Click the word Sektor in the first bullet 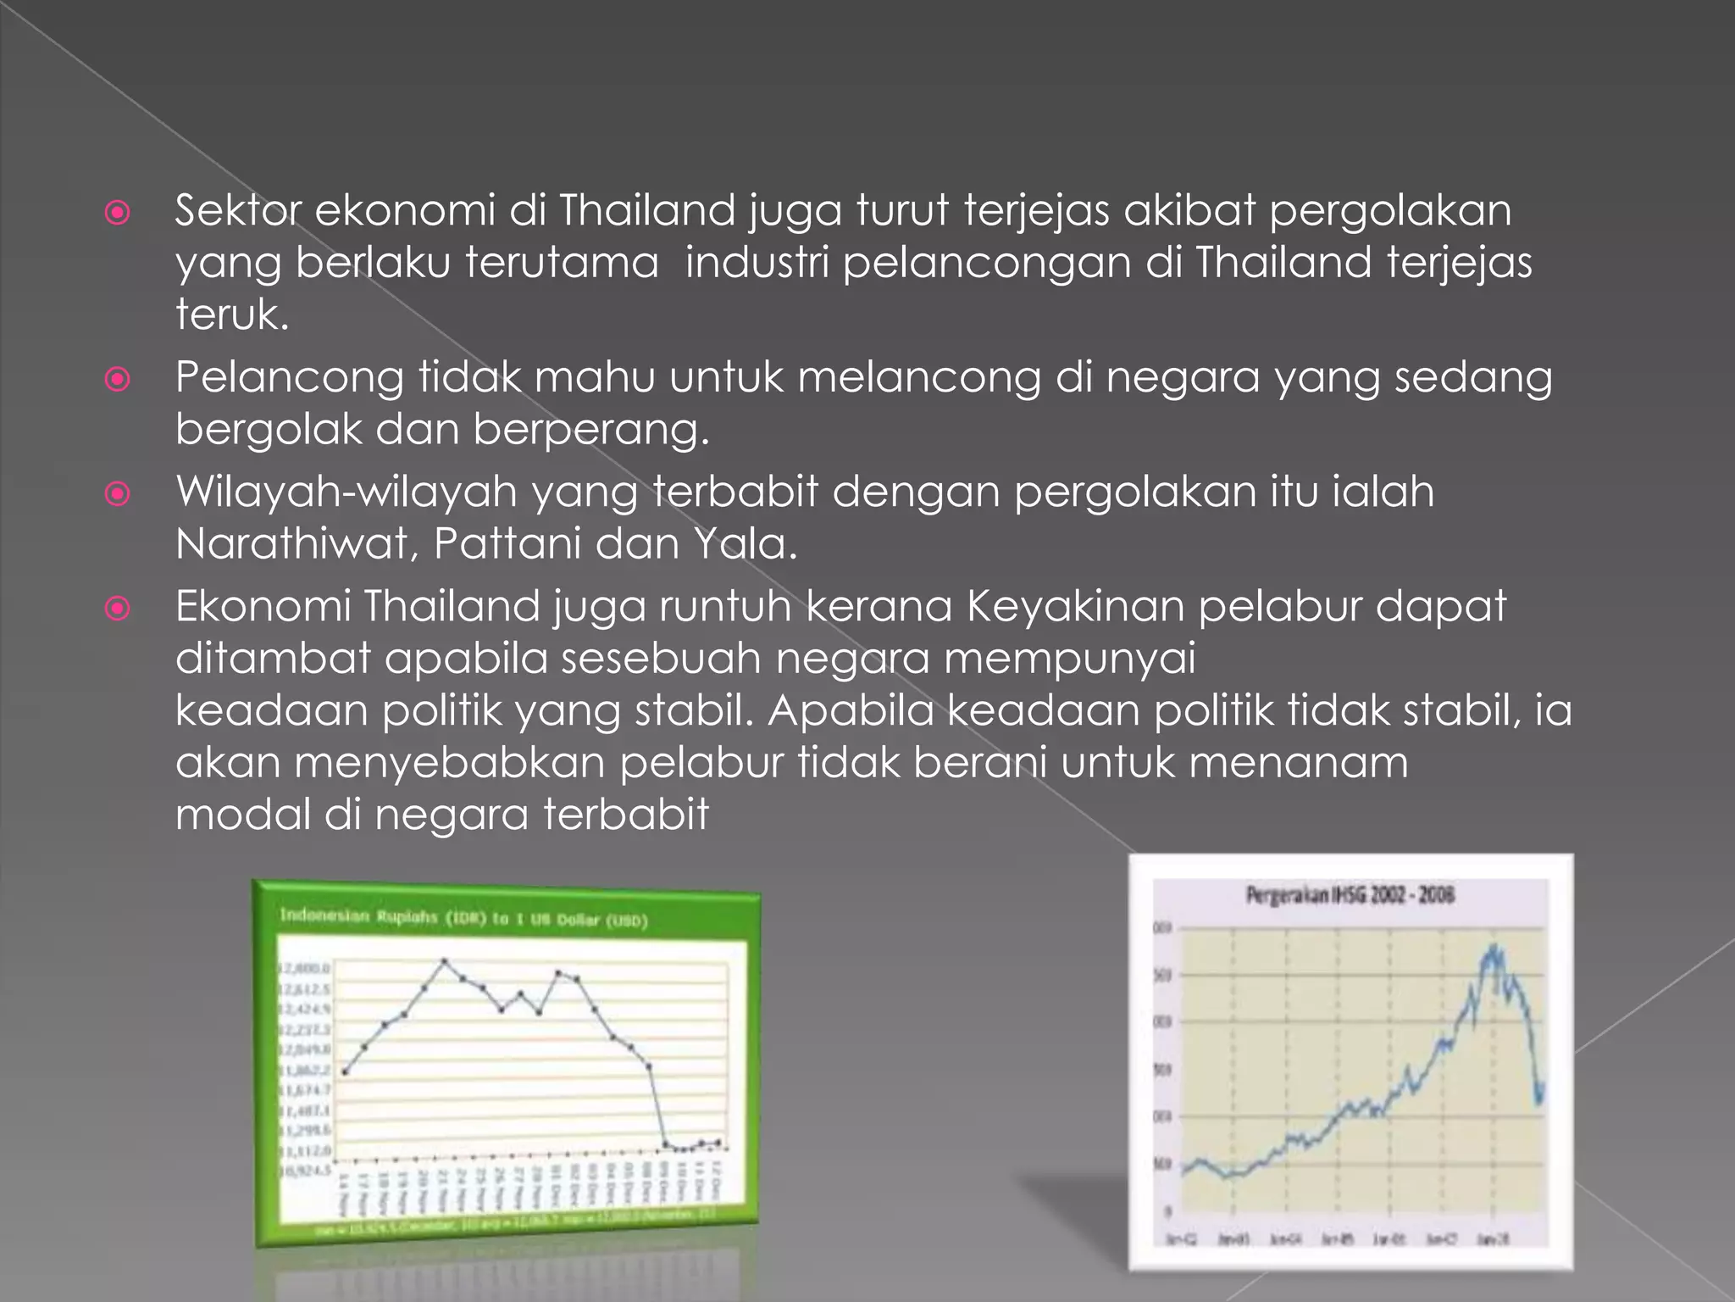point(238,210)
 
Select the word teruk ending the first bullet point(231,314)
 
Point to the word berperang point(590,429)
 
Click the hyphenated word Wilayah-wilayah point(346,492)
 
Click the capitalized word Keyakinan point(1075,606)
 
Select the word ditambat point(273,658)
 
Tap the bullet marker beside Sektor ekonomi point(117,212)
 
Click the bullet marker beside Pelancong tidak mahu point(117,378)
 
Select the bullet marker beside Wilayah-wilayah point(117,493)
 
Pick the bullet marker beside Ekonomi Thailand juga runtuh point(117,608)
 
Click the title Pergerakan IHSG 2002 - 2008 point(1350,895)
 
